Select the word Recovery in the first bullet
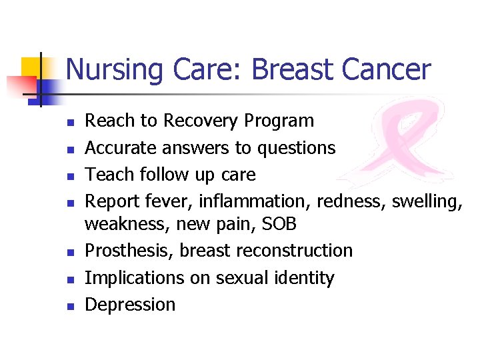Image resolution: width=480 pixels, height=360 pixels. tap(201, 121)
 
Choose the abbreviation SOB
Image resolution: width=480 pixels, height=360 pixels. tap(278, 225)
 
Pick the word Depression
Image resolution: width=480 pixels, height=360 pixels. tap(131, 305)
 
